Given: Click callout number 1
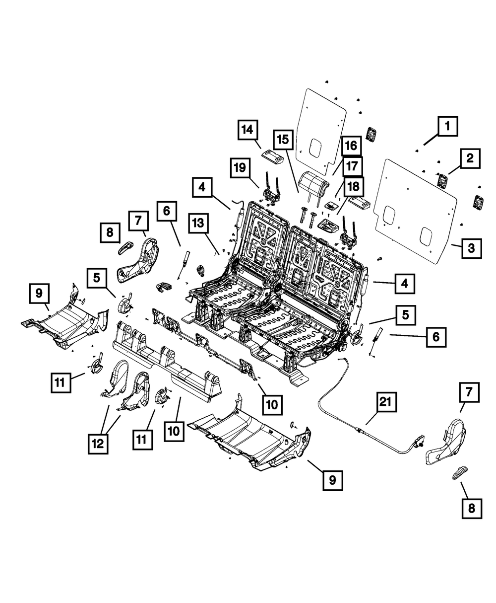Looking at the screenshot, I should tap(447, 127).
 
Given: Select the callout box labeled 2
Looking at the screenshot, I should tap(470, 159).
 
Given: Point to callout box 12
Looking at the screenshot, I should tap(98, 442).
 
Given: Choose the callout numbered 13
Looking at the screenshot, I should tap(198, 225).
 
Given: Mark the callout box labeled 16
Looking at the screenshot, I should tap(350, 147).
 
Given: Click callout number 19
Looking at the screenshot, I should tap(241, 169).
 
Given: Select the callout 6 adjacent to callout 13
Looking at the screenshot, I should tap(166, 211).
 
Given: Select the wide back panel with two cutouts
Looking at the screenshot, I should tap(417, 209).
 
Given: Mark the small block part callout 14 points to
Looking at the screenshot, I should tap(272, 156).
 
